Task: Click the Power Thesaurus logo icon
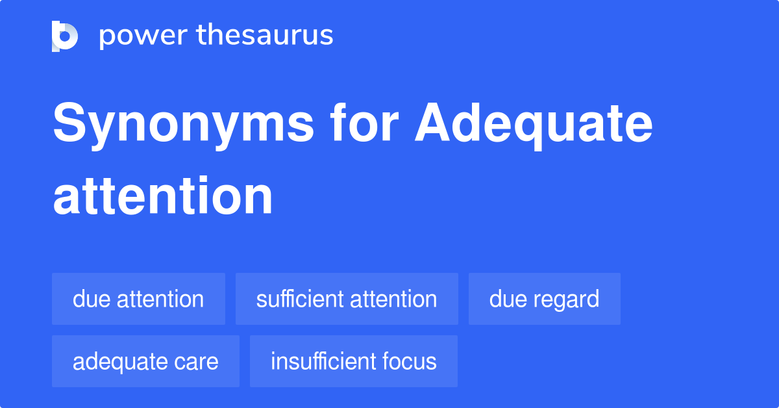click(x=65, y=36)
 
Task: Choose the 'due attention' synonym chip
click(x=138, y=300)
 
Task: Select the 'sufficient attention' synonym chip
click(x=347, y=300)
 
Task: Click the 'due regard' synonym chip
click(x=544, y=300)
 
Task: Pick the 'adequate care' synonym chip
click(x=145, y=362)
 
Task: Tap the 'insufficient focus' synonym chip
click(x=353, y=362)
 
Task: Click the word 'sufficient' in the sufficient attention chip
click(x=300, y=300)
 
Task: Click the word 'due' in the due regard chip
click(x=503, y=300)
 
